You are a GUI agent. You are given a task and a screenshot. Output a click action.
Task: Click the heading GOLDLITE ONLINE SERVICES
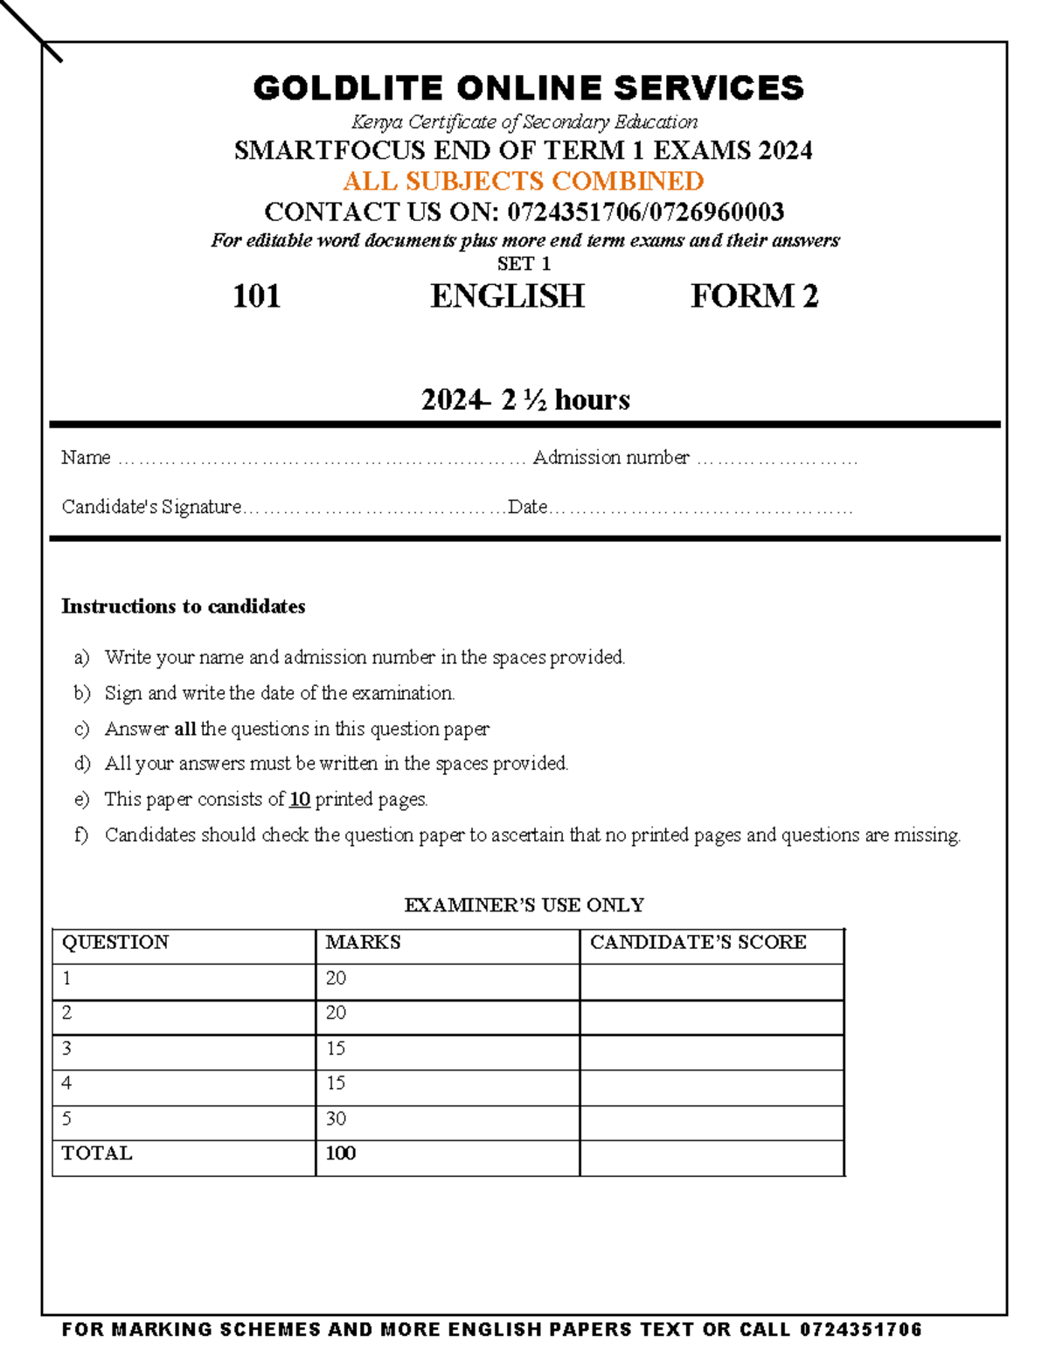pos(528,88)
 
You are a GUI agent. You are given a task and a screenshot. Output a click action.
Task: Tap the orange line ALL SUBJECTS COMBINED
pos(524,181)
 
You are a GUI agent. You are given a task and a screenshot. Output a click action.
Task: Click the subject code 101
pos(256,296)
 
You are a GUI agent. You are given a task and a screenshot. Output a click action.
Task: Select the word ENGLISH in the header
pos(507,296)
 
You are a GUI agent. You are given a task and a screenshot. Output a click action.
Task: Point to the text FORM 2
pos(754,296)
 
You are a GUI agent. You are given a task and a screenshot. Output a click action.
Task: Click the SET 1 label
pos(524,264)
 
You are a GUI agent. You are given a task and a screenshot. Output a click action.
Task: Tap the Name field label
pos(86,458)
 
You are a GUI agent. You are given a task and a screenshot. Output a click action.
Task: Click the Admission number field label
pos(611,458)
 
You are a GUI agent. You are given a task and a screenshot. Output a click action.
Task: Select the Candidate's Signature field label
pos(151,507)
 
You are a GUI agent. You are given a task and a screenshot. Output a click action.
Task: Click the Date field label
pos(528,507)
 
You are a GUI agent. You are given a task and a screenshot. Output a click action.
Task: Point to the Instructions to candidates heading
pos(183,606)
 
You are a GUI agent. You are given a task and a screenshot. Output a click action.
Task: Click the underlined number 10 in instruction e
pos(300,800)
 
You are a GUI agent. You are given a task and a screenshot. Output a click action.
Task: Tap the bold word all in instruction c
pos(184,729)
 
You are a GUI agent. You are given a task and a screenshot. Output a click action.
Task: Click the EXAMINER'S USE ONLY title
pos(524,905)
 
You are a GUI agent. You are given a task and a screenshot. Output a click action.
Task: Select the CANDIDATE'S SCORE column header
pos(698,942)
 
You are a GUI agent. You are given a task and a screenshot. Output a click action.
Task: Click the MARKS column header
pos(363,942)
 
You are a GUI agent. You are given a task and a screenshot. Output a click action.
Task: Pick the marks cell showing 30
pos(336,1118)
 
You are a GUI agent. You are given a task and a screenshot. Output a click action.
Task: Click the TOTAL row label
pos(97,1153)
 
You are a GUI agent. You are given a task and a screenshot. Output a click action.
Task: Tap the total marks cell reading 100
pos(340,1153)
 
